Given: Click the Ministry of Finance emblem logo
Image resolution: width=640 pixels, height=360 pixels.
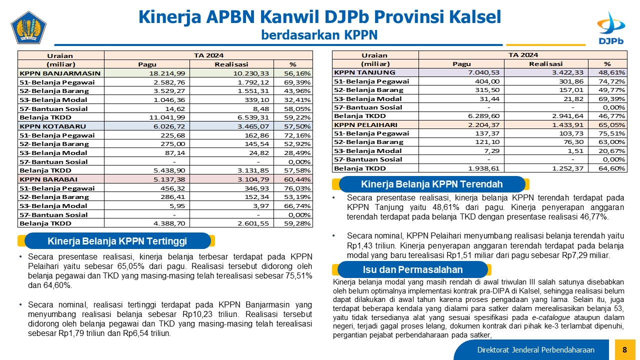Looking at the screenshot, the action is click(x=28, y=27).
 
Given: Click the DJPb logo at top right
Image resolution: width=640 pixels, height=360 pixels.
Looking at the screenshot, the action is click(x=611, y=28).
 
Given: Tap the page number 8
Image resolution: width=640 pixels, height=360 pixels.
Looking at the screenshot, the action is click(x=624, y=349).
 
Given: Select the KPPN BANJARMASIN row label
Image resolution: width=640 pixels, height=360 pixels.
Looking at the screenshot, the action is click(x=60, y=73).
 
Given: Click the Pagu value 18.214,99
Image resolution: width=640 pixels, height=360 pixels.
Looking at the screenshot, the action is click(x=167, y=73).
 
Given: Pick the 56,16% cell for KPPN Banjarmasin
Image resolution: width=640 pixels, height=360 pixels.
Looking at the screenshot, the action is click(x=297, y=73).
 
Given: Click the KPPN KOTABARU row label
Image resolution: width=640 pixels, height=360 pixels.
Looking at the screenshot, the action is click(x=53, y=126).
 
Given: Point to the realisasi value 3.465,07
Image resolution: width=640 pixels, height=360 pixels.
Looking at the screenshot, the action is click(x=253, y=126).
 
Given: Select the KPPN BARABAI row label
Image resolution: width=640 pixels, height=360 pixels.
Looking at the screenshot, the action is click(x=48, y=179).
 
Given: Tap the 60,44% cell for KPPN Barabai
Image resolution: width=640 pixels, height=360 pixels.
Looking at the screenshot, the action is click(x=297, y=179).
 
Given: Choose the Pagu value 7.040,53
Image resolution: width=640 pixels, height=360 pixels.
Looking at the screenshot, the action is click(x=483, y=72).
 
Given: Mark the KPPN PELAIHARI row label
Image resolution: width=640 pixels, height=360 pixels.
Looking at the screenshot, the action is click(x=365, y=125).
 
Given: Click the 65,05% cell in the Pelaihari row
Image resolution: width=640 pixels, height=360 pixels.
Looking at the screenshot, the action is click(x=611, y=125).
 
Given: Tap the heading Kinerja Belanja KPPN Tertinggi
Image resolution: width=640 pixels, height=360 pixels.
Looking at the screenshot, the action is click(x=117, y=241).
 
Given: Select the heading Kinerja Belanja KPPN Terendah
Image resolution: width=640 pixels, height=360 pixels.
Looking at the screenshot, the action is click(x=431, y=184).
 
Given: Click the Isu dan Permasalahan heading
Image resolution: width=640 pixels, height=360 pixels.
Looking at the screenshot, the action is click(x=412, y=269).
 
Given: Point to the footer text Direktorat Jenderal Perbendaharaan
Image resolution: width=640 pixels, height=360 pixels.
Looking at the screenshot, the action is click(x=535, y=350).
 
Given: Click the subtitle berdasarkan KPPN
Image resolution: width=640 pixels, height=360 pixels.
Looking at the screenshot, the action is click(x=319, y=35).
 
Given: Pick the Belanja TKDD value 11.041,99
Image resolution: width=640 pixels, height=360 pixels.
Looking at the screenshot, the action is click(x=167, y=117).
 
